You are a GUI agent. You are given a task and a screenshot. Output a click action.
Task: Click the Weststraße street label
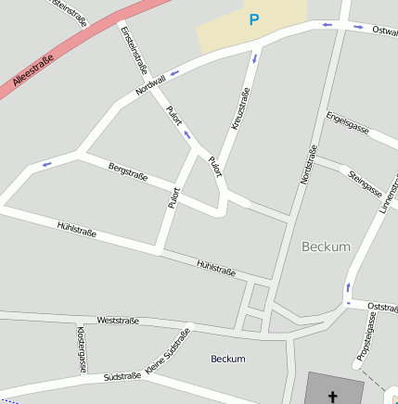118,321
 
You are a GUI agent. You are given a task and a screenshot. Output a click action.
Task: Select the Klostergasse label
82,348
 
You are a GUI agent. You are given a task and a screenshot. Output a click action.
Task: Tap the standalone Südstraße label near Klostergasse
122,378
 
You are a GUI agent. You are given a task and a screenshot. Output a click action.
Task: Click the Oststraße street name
382,306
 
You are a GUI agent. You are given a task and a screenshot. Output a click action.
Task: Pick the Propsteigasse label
366,336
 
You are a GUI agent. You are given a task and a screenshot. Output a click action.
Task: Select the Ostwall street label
384,31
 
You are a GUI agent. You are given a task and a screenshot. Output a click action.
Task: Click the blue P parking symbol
253,19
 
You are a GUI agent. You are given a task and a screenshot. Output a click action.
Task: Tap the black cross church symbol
332,397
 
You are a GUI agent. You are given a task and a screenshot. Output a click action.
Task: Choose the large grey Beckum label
327,246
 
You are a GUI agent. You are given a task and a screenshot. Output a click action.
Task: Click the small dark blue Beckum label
228,359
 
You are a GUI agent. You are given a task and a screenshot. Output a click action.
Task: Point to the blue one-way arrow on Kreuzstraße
253,60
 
